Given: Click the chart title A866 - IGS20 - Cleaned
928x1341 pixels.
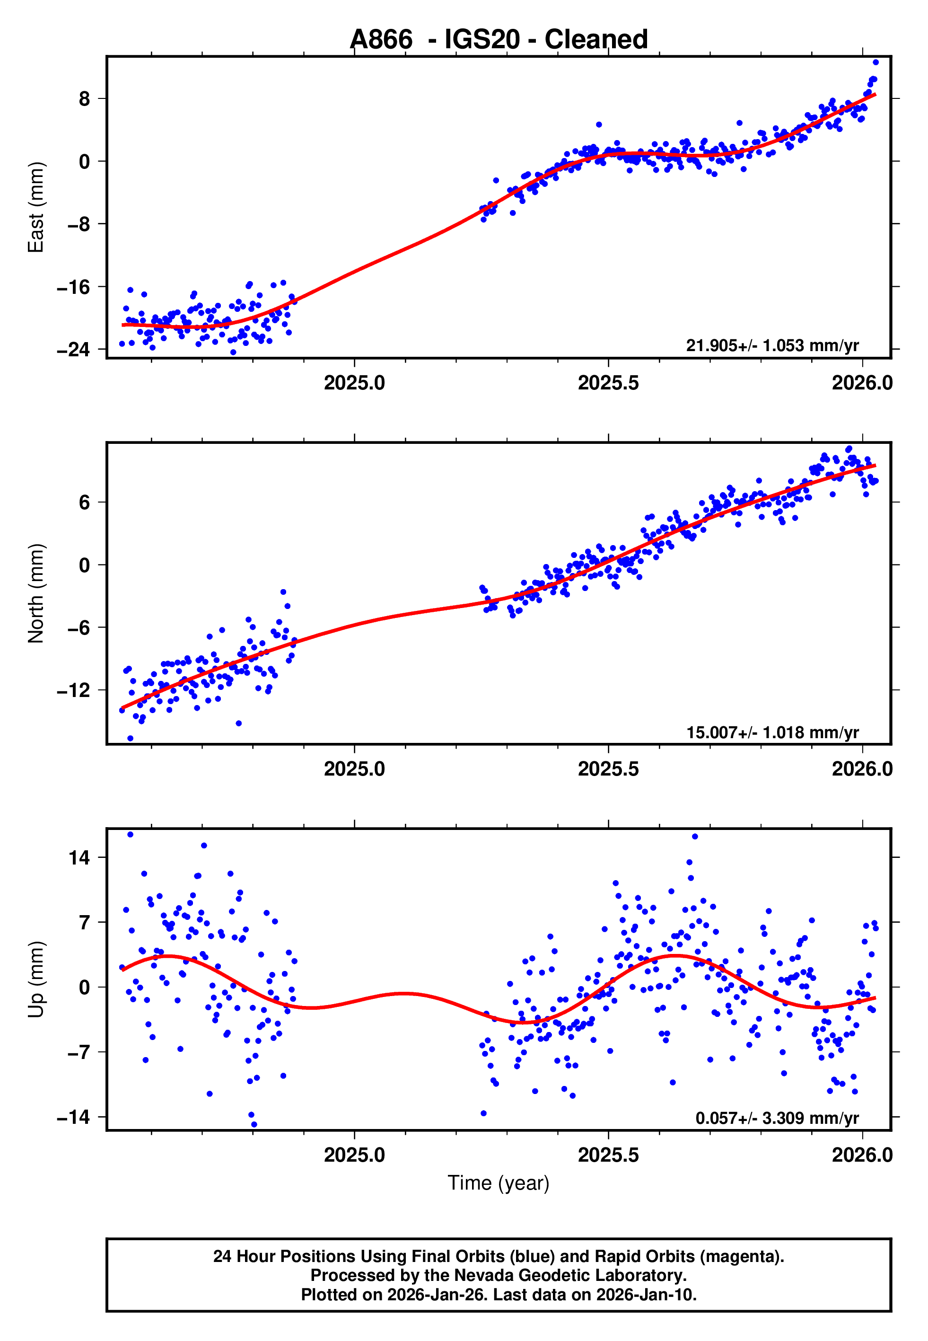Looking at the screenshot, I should coord(499,40).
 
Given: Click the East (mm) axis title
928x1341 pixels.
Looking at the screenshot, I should coord(36,207).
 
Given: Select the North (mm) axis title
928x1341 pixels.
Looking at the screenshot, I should coord(36,593).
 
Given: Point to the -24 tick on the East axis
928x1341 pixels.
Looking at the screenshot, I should coord(73,350).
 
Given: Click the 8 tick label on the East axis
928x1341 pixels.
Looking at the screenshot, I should coord(84,99).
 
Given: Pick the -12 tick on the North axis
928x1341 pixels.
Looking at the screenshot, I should coord(73,690).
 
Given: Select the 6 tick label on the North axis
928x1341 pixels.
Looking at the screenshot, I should coord(84,503).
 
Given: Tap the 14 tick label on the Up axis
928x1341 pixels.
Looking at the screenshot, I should coord(79,857).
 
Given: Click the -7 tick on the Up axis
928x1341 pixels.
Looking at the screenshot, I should coord(73,1052).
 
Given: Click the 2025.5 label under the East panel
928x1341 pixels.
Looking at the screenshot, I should coord(608,383).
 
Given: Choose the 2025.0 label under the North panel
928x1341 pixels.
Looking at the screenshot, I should coord(354,769).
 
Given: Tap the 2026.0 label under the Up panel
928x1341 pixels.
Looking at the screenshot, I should coord(862,1155).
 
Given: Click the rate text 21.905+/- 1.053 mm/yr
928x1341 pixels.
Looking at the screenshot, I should coord(772,345).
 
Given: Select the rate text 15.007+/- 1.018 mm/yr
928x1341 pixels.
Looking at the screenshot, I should coord(772,732).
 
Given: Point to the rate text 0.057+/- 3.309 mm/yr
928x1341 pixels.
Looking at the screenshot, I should coord(777,1118).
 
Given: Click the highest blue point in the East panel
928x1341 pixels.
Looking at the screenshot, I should coord(875,62).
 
